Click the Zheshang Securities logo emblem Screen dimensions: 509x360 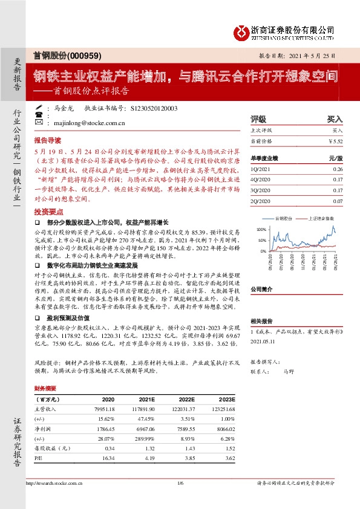(241, 31)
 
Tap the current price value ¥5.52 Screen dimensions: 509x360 (335, 141)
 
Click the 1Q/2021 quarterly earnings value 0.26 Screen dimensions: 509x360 (337, 170)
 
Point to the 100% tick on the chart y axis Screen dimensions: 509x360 (261, 230)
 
